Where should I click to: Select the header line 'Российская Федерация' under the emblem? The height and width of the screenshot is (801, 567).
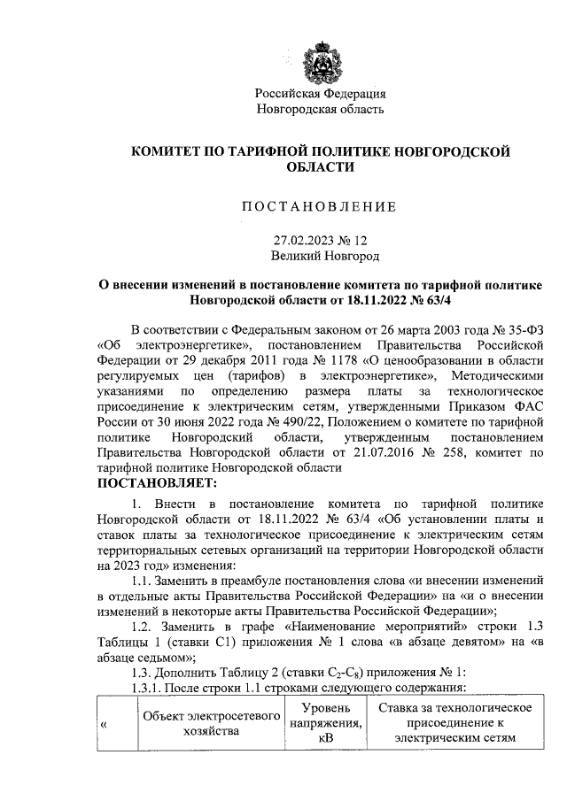(320, 94)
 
